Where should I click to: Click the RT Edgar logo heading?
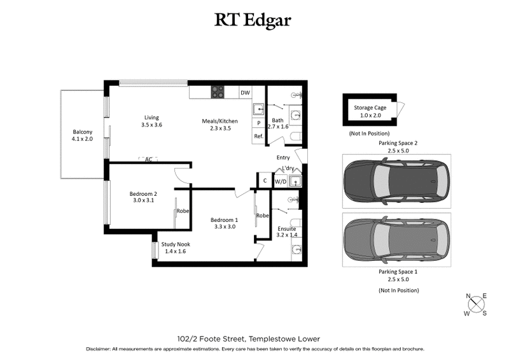pyautogui.click(x=254, y=20)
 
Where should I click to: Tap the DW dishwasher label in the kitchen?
pyautogui.click(x=245, y=93)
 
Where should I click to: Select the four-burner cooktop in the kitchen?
pyautogui.click(x=218, y=92)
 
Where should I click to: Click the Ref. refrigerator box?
pyautogui.click(x=259, y=137)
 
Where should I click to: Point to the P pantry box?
pyautogui.click(x=259, y=123)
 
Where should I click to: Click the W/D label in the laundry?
pyautogui.click(x=280, y=181)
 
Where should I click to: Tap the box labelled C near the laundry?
pyautogui.click(x=265, y=181)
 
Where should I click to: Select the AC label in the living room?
pyautogui.click(x=149, y=159)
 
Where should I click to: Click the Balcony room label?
pyautogui.click(x=82, y=132)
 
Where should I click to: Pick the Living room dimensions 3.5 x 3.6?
pyautogui.click(x=151, y=125)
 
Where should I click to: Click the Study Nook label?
pyautogui.click(x=175, y=244)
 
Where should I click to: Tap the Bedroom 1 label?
pyautogui.click(x=225, y=220)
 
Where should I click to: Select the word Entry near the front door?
pyautogui.click(x=283, y=158)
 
